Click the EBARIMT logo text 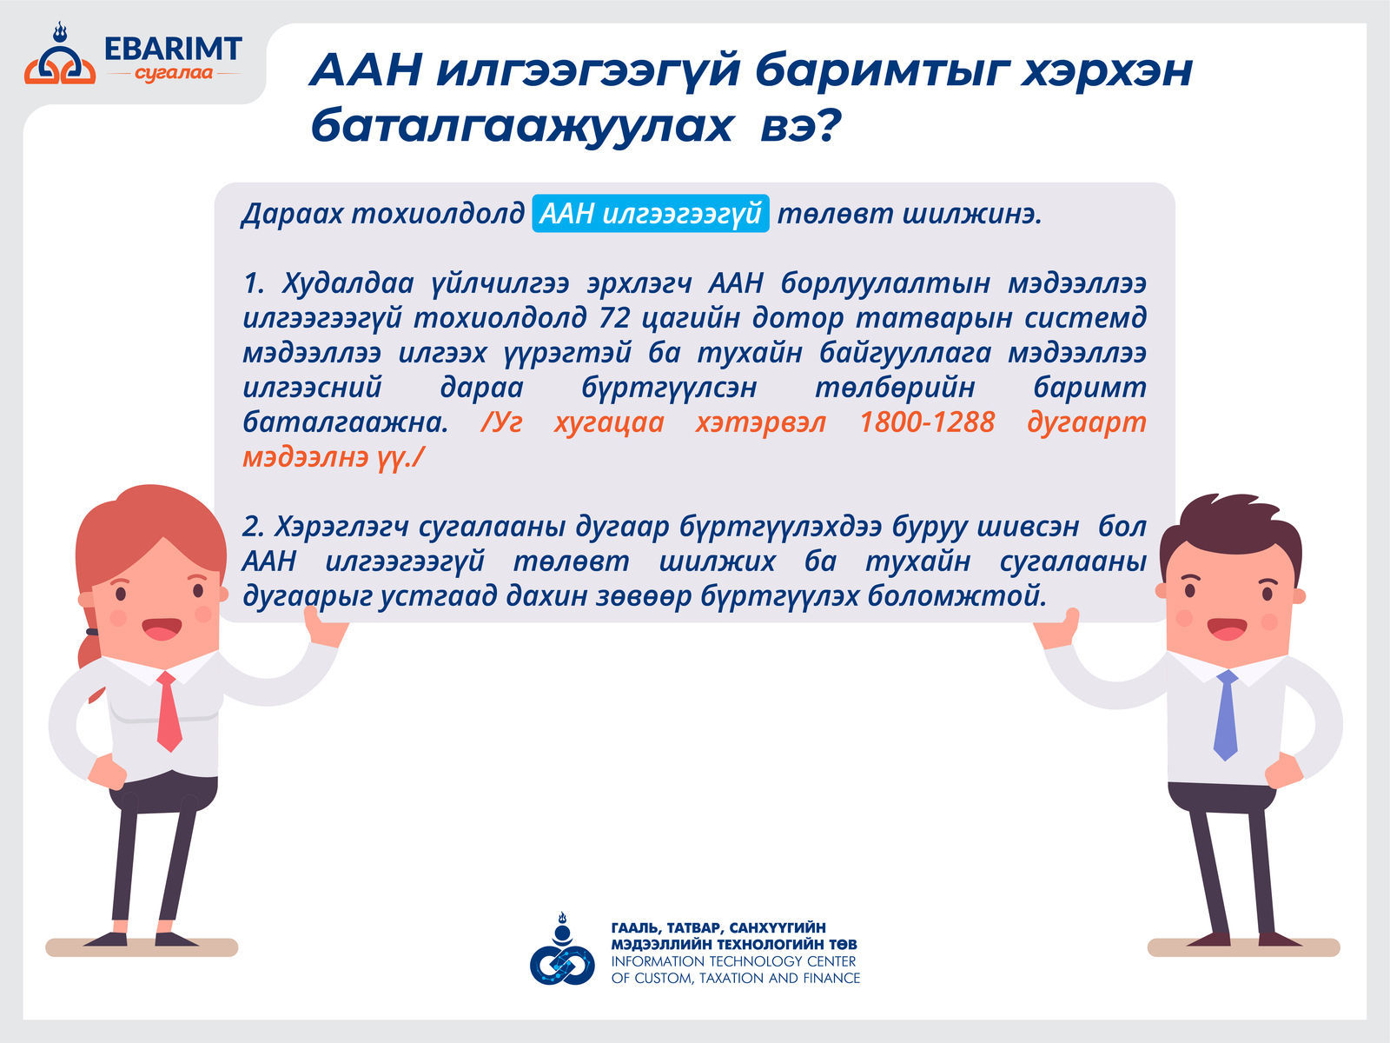pyautogui.click(x=173, y=49)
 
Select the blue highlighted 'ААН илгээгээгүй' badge pyautogui.click(x=651, y=214)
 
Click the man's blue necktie pyautogui.click(x=1226, y=715)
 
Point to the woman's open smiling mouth pyautogui.click(x=162, y=628)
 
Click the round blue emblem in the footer pyautogui.click(x=562, y=950)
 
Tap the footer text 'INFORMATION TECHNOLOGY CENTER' pyautogui.click(x=733, y=961)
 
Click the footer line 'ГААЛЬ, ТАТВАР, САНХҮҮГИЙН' pyautogui.click(x=718, y=927)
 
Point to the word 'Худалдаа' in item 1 pyautogui.click(x=347, y=283)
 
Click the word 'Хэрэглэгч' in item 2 pyautogui.click(x=341, y=527)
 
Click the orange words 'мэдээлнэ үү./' pyautogui.click(x=333, y=457)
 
